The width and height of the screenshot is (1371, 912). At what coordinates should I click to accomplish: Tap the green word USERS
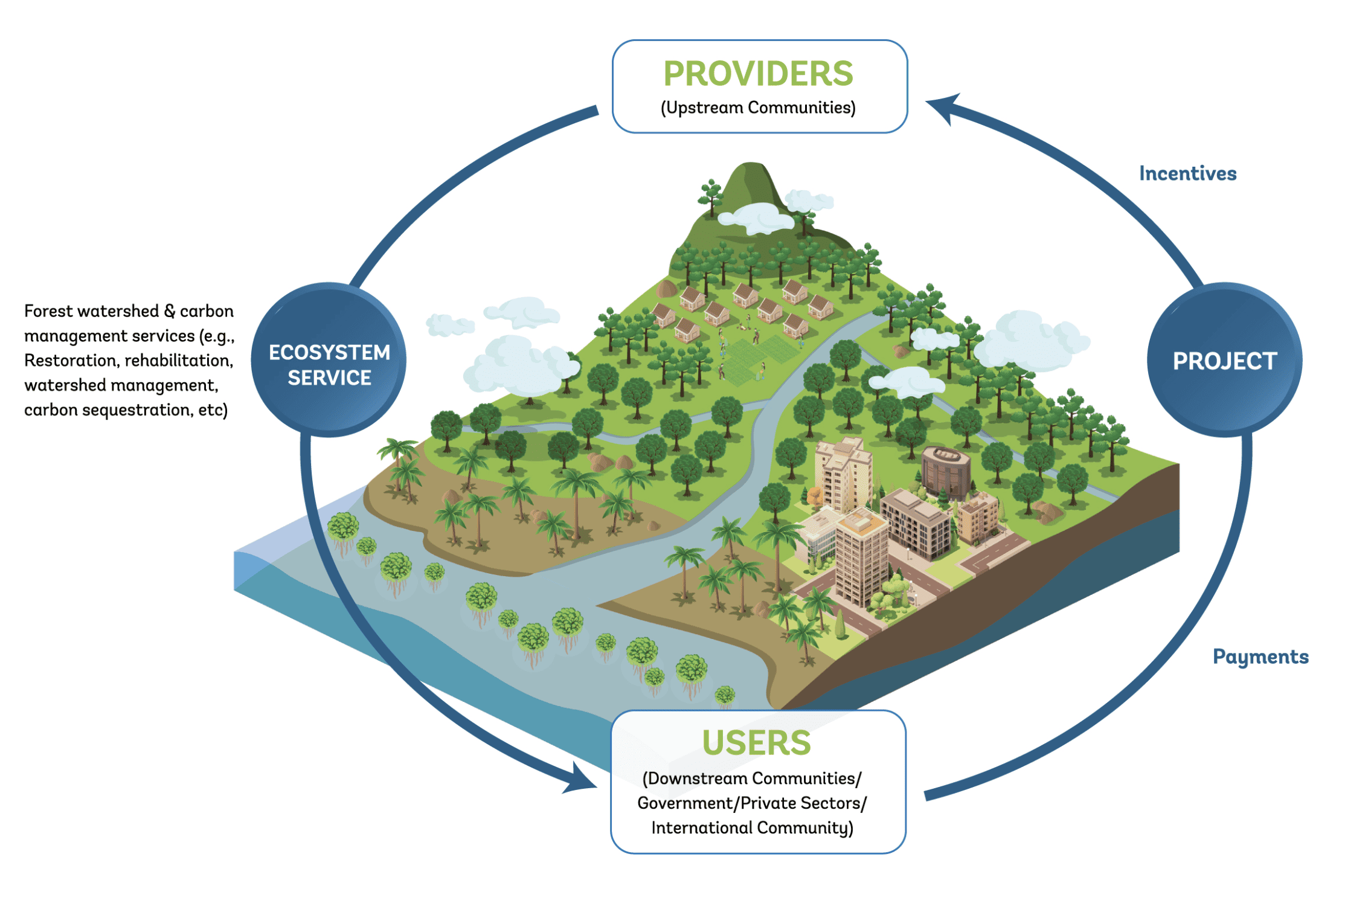pyautogui.click(x=756, y=742)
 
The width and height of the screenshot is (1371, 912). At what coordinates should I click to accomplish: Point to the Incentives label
pyautogui.click(x=1187, y=173)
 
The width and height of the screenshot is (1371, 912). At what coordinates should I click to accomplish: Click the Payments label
pyautogui.click(x=1260, y=657)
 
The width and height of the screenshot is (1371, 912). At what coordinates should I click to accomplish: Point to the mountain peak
pyautogui.click(x=751, y=172)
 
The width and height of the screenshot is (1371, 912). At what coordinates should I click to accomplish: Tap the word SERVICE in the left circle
pyautogui.click(x=329, y=378)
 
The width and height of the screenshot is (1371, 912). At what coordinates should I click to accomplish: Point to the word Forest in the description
pyautogui.click(x=48, y=311)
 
